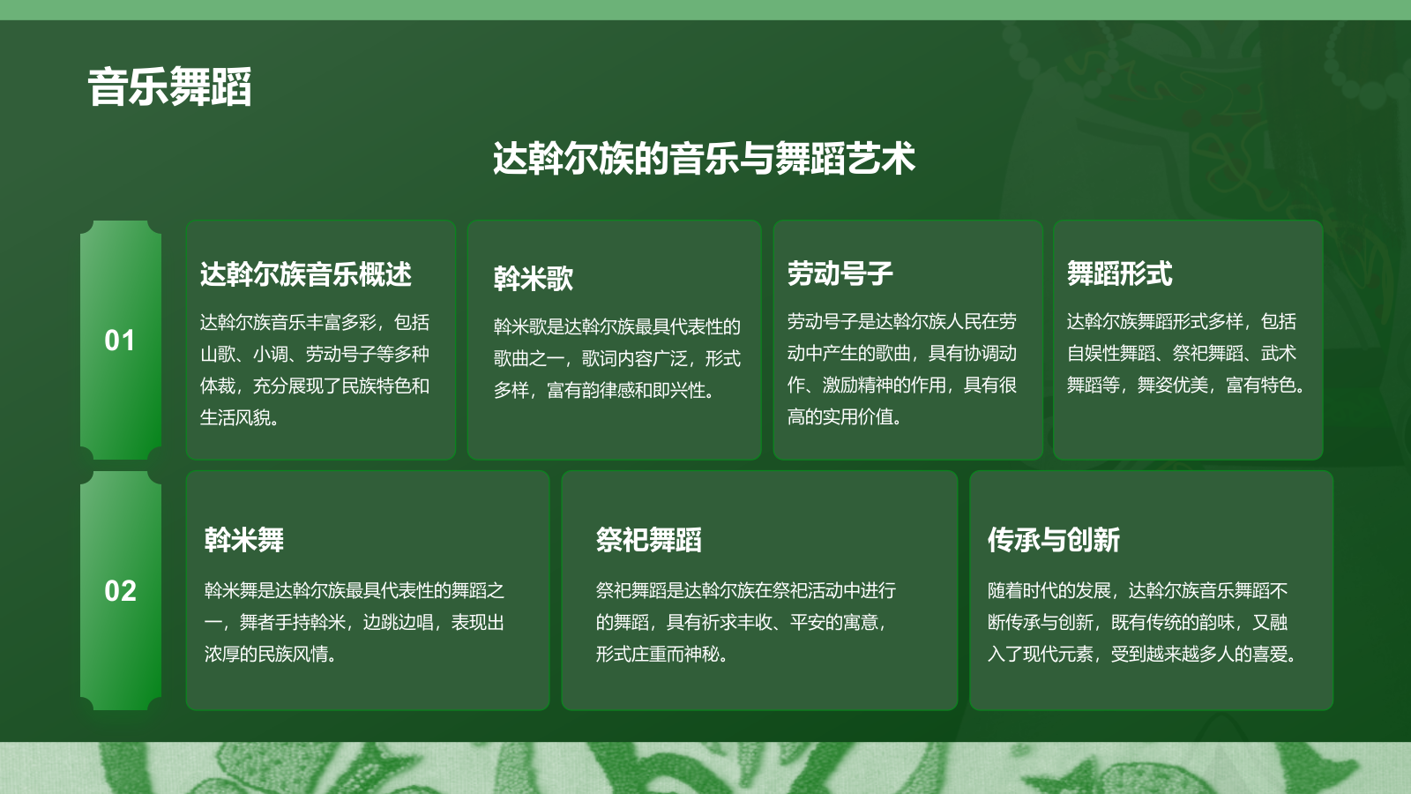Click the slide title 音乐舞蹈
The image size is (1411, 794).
[x=169, y=87]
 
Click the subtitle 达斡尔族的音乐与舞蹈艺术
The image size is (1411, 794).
[x=704, y=159]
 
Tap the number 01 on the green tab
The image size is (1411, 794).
[x=120, y=341]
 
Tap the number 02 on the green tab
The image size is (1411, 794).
[x=120, y=591]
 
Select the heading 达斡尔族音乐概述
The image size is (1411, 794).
[x=305, y=274]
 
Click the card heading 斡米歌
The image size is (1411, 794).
[x=533, y=279]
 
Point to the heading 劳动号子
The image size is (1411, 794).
[x=840, y=273]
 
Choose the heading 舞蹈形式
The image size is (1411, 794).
[x=1119, y=273]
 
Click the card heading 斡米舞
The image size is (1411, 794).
[x=243, y=540]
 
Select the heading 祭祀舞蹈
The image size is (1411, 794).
[x=648, y=540]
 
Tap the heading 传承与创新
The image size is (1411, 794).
[x=1053, y=540]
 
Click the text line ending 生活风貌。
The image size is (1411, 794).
[x=240, y=417]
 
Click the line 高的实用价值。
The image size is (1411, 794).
[x=844, y=416]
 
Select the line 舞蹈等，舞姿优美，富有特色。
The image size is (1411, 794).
[x=1186, y=385]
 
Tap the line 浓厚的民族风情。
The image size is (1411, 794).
[x=270, y=654]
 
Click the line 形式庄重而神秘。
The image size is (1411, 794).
[x=661, y=654]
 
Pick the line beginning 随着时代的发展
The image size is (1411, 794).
[x=1138, y=590]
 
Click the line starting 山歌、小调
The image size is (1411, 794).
[x=314, y=354]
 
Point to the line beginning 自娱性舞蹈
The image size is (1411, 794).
[x=1181, y=353]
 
